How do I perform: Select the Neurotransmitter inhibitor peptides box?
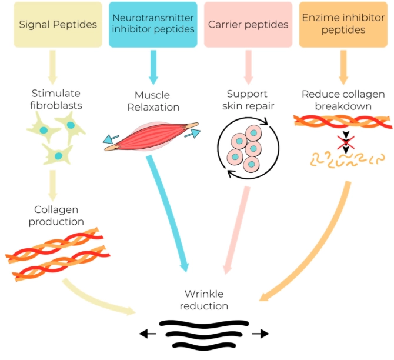click(x=153, y=25)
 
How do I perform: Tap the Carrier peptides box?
click(x=248, y=25)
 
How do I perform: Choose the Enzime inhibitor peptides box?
click(x=343, y=25)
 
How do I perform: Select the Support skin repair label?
click(x=247, y=100)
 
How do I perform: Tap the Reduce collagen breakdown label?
click(x=343, y=100)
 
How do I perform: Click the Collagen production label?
click(x=56, y=215)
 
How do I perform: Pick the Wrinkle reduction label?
click(x=205, y=299)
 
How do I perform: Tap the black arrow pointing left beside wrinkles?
click(x=148, y=334)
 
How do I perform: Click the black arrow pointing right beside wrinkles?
click(x=259, y=334)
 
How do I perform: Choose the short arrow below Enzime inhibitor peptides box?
click(x=343, y=65)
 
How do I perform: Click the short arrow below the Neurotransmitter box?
click(x=154, y=65)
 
